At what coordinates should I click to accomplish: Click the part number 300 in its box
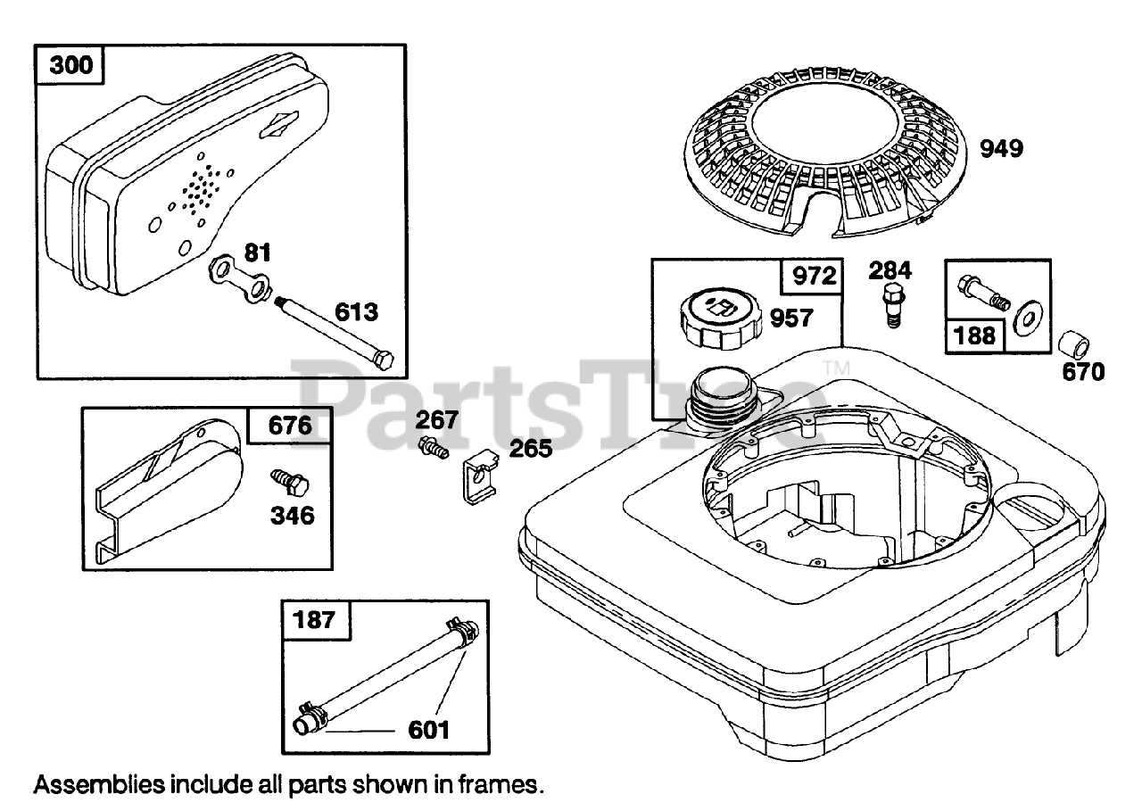point(70,67)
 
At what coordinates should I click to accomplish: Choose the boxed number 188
point(973,335)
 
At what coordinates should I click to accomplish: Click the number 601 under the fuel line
point(428,730)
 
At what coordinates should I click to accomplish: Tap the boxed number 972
point(812,276)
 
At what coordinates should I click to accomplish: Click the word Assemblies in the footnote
point(99,785)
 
